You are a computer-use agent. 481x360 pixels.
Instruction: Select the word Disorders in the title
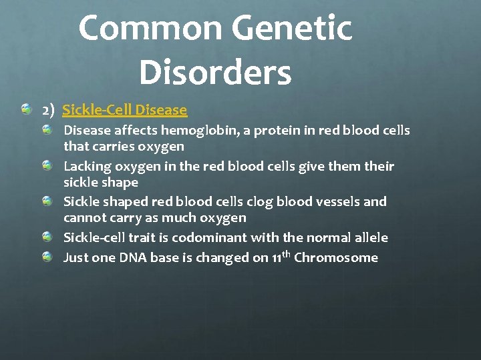pos(215,72)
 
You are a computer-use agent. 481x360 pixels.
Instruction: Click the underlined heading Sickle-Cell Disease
pos(124,109)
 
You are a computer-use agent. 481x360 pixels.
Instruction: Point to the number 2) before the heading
pos(49,109)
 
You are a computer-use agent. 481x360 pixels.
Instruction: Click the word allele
pos(369,237)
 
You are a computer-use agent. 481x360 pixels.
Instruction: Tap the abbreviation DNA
pos(137,257)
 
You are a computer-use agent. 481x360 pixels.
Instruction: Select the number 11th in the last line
pos(281,257)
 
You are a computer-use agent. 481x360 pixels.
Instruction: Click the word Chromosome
pos(336,257)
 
